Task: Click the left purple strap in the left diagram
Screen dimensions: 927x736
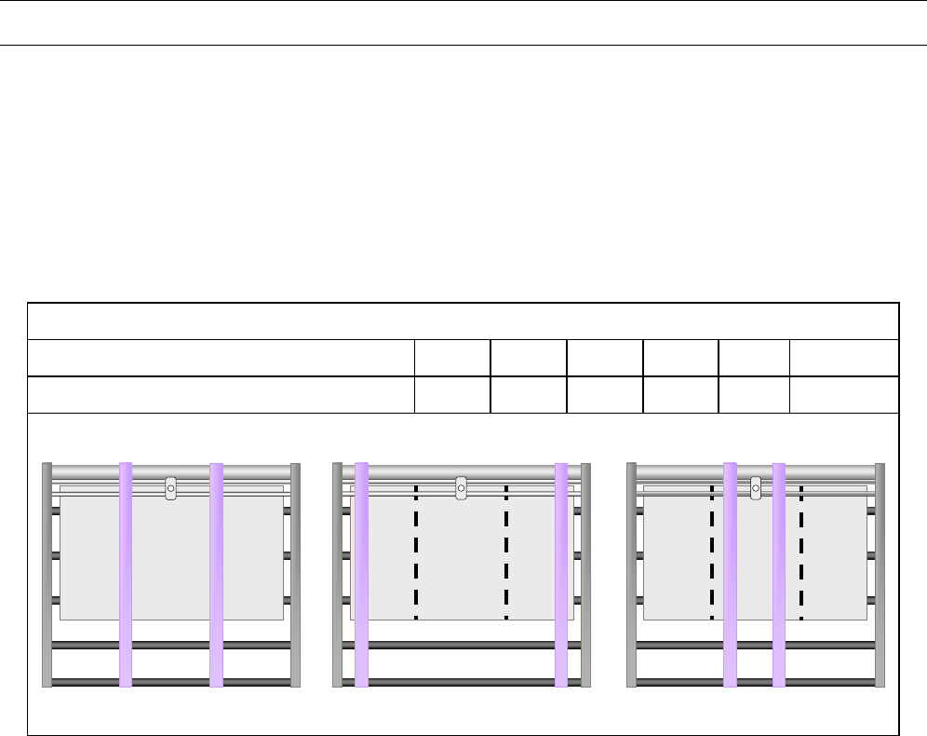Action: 126,573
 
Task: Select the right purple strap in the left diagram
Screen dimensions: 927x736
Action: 216,573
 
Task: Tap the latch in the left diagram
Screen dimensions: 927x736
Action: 170,487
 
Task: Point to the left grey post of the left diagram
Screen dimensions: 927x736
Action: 47,574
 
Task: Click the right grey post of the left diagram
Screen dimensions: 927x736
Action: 296,574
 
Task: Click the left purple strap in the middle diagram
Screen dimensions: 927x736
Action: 361,573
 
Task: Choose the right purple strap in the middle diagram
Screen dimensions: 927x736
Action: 561,573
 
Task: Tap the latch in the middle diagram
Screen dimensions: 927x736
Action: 461,487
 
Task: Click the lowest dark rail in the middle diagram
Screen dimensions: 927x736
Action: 461,682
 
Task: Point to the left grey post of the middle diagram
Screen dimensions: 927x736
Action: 338,574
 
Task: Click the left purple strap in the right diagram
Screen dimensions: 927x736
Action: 730,573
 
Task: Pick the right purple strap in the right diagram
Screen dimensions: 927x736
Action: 779,573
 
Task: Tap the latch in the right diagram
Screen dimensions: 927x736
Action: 756,486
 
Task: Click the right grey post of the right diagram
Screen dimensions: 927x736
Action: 880,574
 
